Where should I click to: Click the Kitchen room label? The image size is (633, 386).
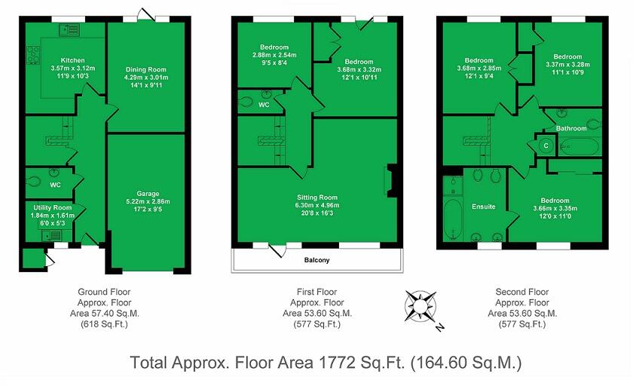pos(73,60)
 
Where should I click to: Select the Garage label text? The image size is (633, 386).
pos(148,194)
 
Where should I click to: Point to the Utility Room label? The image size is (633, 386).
pos(52,207)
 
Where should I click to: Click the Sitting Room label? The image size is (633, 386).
pos(316,197)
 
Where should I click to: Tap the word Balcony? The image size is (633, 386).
pos(316,260)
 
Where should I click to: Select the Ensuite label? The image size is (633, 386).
pos(483,206)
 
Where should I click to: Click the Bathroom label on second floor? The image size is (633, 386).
pos(571,128)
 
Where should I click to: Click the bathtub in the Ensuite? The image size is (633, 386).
pos(454,219)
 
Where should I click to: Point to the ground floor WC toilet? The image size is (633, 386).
pos(35,180)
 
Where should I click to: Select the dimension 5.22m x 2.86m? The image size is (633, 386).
pos(148,201)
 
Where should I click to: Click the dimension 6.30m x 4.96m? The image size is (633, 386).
pos(316,205)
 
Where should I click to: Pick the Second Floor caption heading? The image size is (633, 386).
pos(521,292)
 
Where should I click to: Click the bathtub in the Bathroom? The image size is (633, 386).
pos(579,146)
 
